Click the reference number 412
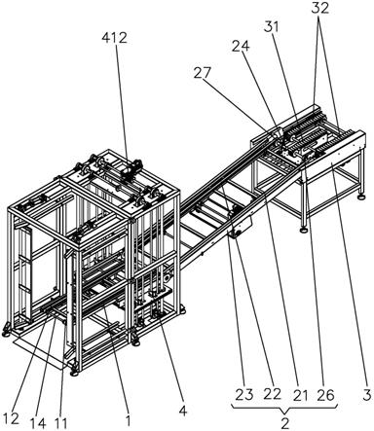coord(114,38)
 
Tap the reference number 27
coord(203,73)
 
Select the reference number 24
coord(241,47)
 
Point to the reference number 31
coord(271,27)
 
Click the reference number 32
coord(320,9)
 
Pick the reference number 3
coord(366,395)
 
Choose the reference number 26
coord(325,395)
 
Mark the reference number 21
coord(300,395)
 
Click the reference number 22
coord(272,394)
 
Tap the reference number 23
coord(244,395)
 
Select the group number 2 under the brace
coord(284,423)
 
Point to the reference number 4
coord(183,411)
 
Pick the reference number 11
coord(60,423)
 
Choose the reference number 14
coord(38,423)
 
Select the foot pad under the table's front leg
coord(304,230)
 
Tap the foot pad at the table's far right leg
coord(360,197)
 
